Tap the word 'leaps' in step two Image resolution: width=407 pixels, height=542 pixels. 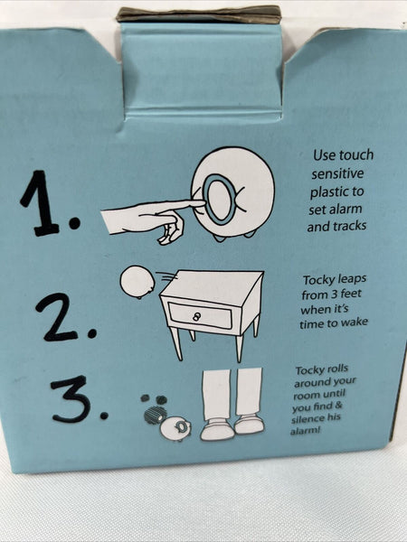(351, 279)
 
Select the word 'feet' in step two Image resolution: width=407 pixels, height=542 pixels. (351, 294)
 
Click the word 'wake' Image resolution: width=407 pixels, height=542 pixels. (355, 322)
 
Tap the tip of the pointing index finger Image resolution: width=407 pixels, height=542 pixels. (203, 203)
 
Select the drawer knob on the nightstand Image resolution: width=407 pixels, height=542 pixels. (196, 316)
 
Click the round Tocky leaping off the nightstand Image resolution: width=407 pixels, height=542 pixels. (137, 281)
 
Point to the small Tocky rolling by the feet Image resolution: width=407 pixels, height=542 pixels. (175, 428)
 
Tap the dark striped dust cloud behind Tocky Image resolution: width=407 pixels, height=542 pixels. (155, 415)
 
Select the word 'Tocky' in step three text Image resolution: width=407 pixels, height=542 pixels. (310, 370)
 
